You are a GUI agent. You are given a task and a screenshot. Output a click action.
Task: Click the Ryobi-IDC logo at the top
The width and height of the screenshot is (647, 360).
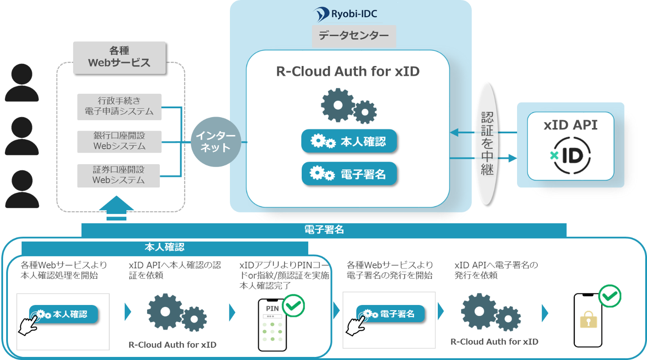point(346,14)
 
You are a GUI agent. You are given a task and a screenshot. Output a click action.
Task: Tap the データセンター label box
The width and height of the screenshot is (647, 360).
point(354,36)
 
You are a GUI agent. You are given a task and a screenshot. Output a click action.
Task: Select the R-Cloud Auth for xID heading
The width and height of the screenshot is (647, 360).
point(348,71)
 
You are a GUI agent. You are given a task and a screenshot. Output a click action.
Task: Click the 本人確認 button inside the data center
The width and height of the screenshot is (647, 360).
point(349,141)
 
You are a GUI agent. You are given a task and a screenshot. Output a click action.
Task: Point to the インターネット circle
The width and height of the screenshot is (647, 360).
point(216,142)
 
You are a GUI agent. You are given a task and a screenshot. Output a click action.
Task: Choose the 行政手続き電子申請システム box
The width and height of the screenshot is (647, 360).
point(119,107)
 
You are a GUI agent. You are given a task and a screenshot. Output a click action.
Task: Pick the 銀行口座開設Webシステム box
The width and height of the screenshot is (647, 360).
point(119,141)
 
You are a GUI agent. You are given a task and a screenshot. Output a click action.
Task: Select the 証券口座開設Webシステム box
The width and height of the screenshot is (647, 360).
point(118,176)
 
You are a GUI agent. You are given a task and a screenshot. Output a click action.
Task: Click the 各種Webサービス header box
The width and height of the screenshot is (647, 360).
point(119,57)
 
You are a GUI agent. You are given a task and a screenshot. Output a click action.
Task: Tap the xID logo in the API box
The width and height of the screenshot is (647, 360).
point(571,155)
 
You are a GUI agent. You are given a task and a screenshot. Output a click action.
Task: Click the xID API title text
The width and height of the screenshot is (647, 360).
point(570,125)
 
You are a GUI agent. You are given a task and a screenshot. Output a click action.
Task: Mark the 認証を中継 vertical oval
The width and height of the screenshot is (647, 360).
point(487,143)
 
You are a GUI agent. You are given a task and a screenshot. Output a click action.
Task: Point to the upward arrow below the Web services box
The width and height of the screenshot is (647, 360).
point(116,208)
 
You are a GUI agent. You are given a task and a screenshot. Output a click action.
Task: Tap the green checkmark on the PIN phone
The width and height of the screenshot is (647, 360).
point(293,305)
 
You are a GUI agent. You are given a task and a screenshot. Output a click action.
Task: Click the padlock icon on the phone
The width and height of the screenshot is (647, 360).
point(588,320)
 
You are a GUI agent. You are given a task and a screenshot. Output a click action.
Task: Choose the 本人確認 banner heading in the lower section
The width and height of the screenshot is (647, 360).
point(164,247)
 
